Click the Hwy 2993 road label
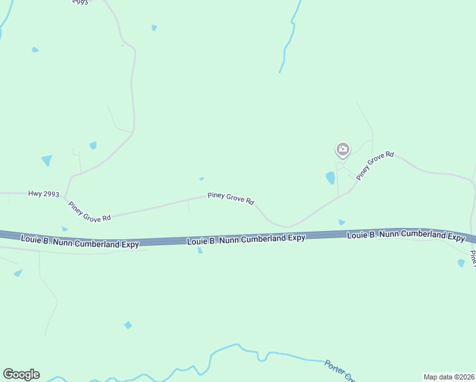tap(44, 193)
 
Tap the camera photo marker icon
tap(342, 150)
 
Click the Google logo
tap(21, 374)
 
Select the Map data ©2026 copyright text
tap(449, 377)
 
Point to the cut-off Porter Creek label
tap(335, 369)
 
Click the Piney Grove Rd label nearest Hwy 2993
tap(89, 211)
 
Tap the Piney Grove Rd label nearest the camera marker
tap(375, 166)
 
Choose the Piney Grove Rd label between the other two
tap(231, 199)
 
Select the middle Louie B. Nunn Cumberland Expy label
tap(246, 238)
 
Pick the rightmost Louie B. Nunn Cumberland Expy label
tap(406, 236)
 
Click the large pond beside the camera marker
tap(330, 178)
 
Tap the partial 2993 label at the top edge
tap(80, 3)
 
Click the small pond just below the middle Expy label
tap(200, 250)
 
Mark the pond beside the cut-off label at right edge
tap(461, 262)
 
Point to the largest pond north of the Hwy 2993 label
tap(46, 160)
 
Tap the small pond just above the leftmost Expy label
tap(64, 229)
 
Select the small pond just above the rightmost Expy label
tap(342, 222)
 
